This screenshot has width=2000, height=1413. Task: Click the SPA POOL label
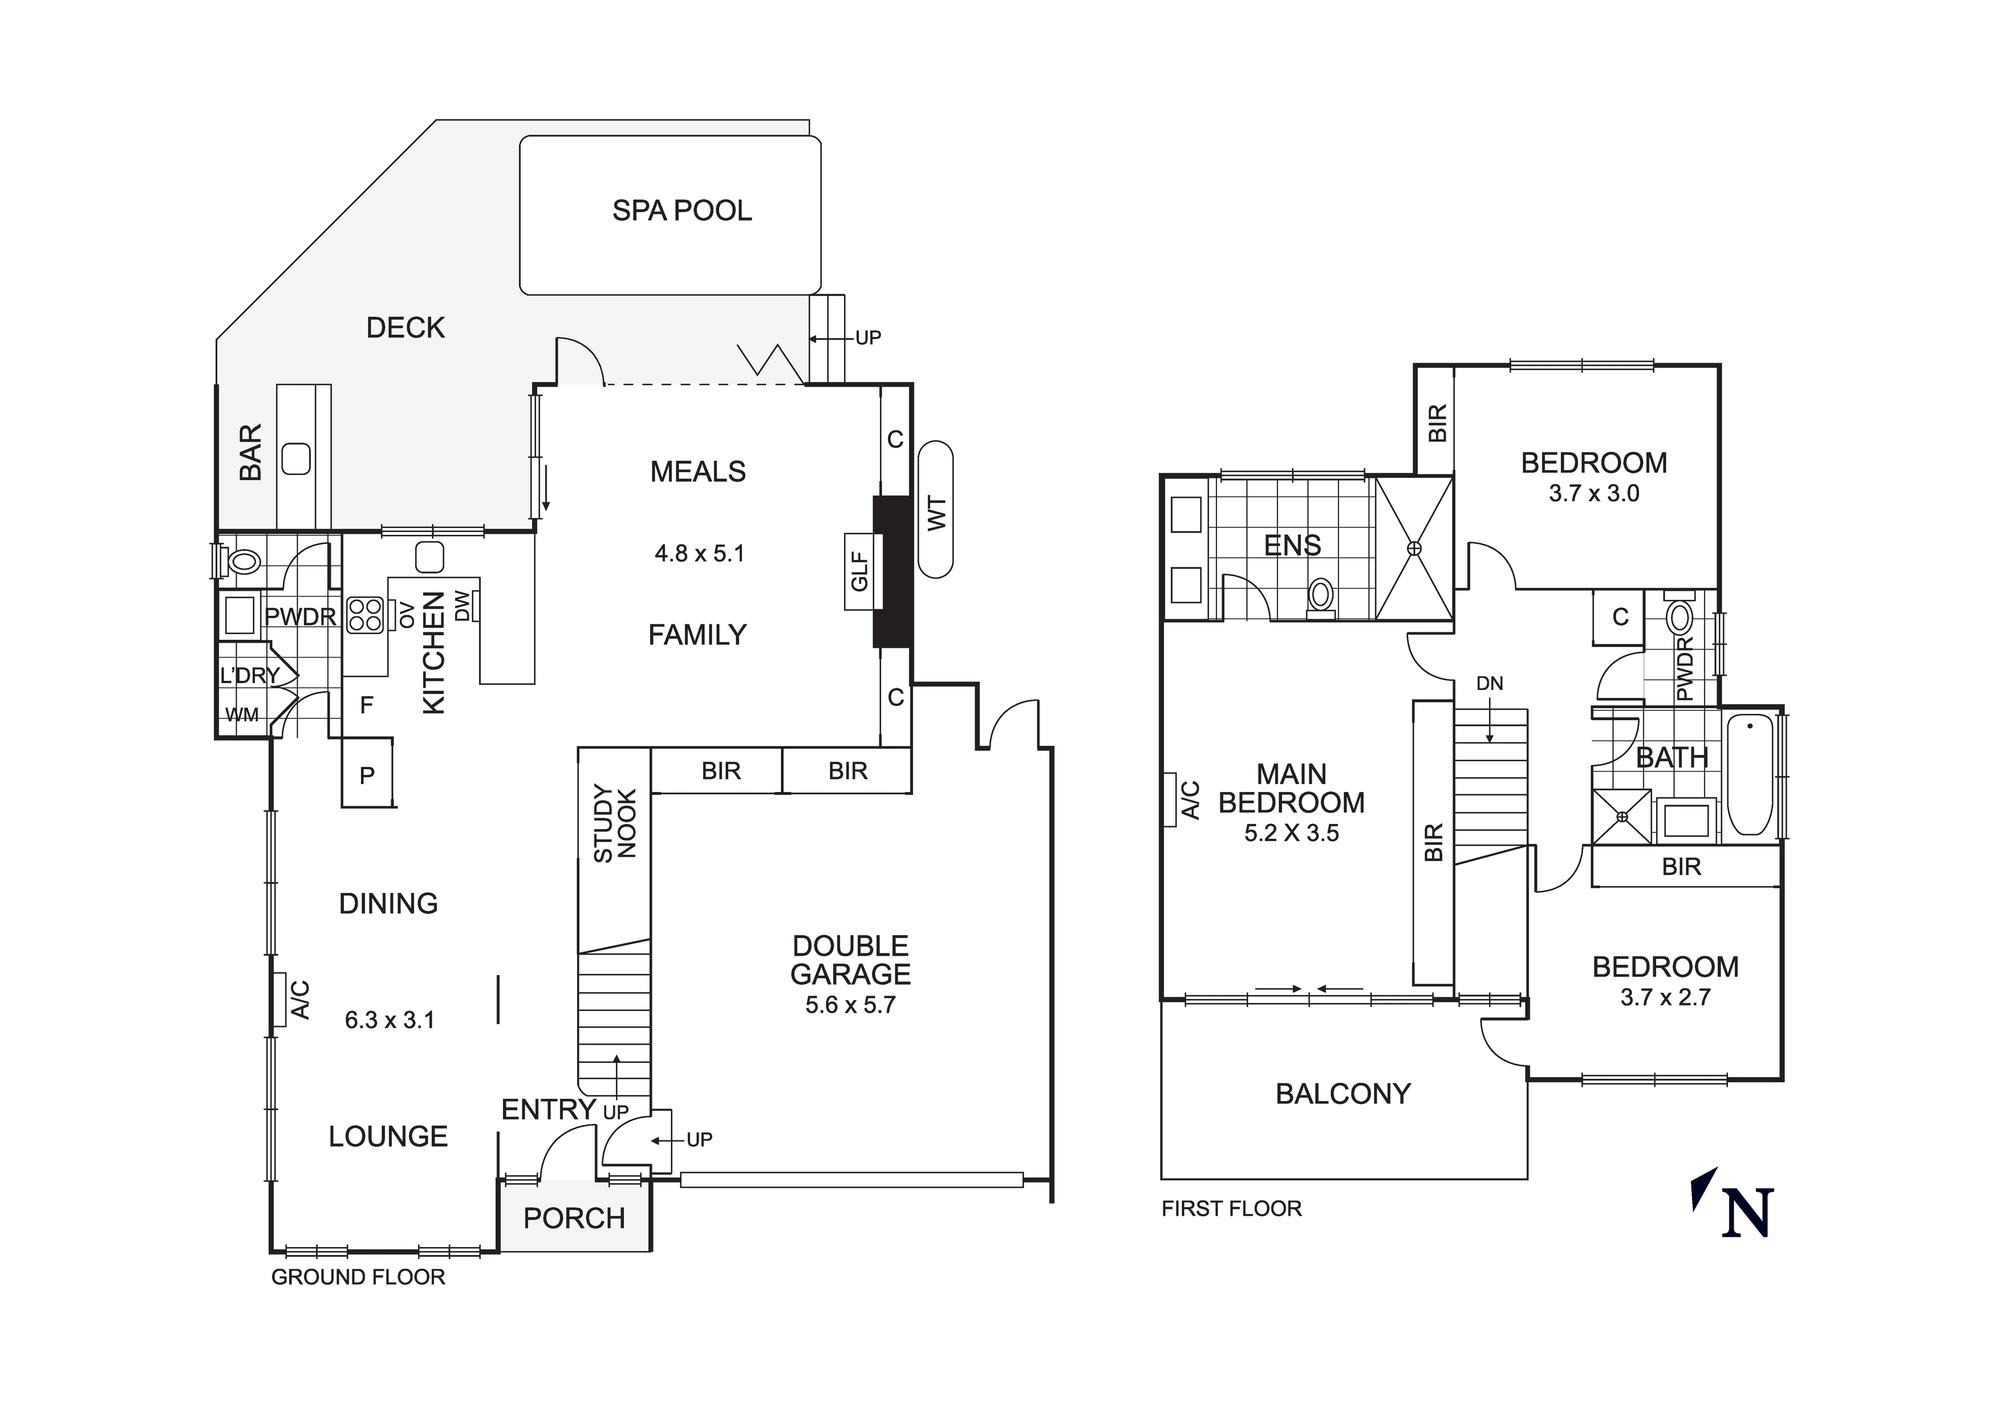682,211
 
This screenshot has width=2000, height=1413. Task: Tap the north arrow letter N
1748,1213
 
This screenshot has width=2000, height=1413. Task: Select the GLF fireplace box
859,572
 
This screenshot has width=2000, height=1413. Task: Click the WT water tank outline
936,510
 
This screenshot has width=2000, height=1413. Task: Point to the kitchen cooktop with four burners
364,615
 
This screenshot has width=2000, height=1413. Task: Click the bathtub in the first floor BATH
1750,775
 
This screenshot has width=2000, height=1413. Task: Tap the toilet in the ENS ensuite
1321,596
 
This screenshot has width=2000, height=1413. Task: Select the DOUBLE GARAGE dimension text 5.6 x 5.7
850,1005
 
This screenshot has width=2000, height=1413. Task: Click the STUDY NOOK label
614,823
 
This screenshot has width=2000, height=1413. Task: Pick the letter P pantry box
367,775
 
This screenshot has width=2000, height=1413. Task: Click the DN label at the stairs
1489,684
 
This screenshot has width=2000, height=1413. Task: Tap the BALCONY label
1343,1094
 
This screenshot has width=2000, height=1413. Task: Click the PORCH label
574,1218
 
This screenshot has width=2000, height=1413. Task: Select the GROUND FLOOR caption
358,1277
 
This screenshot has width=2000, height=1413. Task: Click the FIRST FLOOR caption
1231,1209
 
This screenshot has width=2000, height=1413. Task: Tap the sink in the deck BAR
296,459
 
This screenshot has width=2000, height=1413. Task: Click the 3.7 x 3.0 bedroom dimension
1594,493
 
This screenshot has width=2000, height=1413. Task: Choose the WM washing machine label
241,715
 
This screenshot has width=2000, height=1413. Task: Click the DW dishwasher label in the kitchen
462,606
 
